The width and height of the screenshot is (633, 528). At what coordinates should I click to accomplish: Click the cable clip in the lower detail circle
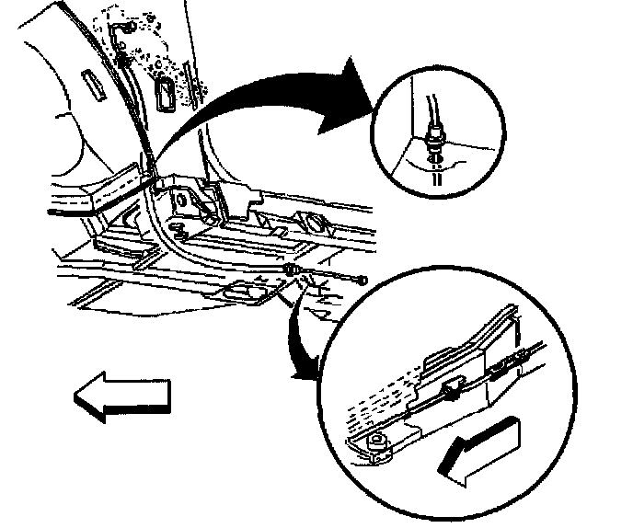450,392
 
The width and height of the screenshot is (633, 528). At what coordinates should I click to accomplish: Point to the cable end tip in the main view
365,278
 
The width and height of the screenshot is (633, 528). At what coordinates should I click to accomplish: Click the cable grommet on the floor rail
291,270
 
